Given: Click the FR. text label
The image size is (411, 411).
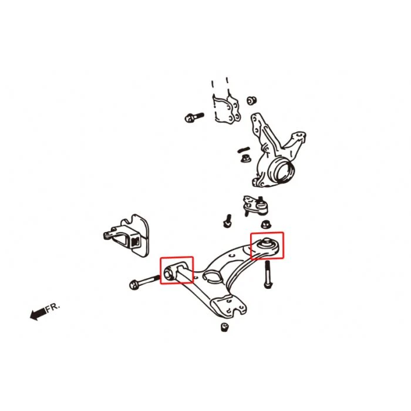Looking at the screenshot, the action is tap(53, 307).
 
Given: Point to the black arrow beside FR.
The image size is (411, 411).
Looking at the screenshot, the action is tap(38, 314).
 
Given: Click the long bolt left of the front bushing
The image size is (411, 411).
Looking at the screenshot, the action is tap(144, 281).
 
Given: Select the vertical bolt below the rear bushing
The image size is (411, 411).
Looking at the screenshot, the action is tap(267, 274).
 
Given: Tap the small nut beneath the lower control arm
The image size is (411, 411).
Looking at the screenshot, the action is tap(224, 327).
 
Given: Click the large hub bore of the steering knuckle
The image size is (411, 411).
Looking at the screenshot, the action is tap(284, 171).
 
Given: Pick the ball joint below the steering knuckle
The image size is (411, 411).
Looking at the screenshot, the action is tap(255, 206).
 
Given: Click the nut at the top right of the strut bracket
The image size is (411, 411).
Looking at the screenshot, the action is tap(252, 100).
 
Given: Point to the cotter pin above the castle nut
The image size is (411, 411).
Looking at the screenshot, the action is tap(244, 150).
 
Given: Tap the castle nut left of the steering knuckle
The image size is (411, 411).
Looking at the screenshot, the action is tap(245, 159).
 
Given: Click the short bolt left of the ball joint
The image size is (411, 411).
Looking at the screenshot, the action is tap(227, 221).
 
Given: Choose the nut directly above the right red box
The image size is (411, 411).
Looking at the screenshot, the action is tap(267, 224).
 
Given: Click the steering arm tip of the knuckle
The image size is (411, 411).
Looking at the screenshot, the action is tap(299, 137).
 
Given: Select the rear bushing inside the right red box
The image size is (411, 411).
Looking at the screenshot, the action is tap(267, 245).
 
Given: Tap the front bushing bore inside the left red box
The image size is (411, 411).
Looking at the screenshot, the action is tap(169, 274).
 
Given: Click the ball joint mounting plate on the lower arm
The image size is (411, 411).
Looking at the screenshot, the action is tap(228, 306).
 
